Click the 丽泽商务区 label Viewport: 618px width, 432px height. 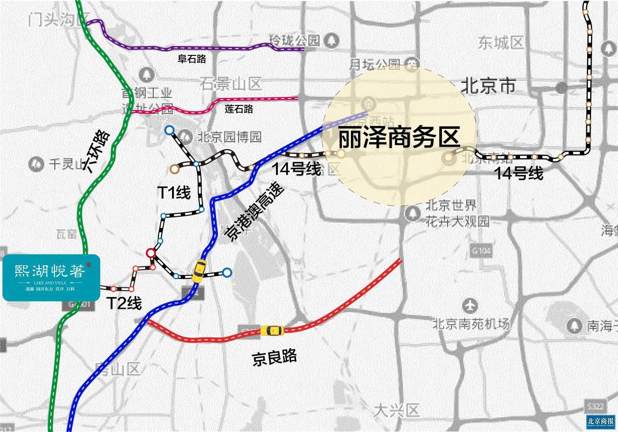pyautogui.click(x=399, y=138)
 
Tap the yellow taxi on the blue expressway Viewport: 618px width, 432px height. pyautogui.click(x=198, y=270)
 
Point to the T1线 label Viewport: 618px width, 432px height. pyautogui.click(x=173, y=193)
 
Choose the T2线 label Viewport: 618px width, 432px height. pyautogui.click(x=124, y=304)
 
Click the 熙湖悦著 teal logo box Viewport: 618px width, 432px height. pyautogui.click(x=51, y=277)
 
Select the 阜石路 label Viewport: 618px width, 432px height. pyautogui.click(x=192, y=59)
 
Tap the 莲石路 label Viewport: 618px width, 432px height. pyautogui.click(x=239, y=109)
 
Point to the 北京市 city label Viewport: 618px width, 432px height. pyautogui.click(x=488, y=86)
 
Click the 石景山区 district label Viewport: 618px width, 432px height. pyautogui.click(x=231, y=83)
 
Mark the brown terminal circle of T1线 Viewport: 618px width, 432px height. pyautogui.click(x=174, y=169)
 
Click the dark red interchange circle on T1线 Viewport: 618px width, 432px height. pyautogui.click(x=151, y=253)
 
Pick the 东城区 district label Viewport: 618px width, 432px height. pyautogui.click(x=502, y=43)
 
